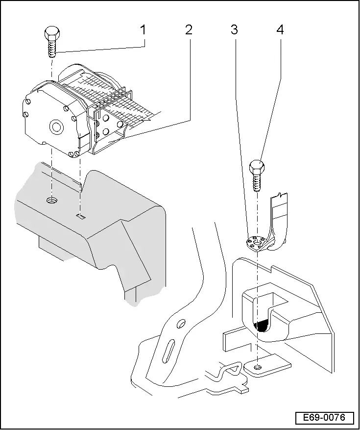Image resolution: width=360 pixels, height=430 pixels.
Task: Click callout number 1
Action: pyautogui.click(x=143, y=30)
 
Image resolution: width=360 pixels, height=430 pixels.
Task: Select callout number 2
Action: pyautogui.click(x=189, y=30)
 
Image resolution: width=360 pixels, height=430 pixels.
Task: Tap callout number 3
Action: pyautogui.click(x=234, y=30)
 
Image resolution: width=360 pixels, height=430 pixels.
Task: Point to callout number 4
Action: pyautogui.click(x=280, y=30)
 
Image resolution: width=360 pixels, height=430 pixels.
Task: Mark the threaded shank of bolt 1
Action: pyautogui.click(x=51, y=49)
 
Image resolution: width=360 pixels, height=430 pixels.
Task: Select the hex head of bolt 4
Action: pyautogui.click(x=257, y=168)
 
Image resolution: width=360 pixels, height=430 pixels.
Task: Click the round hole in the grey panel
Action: pyautogui.click(x=51, y=200)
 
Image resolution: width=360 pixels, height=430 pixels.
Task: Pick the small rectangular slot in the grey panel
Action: pyautogui.click(x=81, y=215)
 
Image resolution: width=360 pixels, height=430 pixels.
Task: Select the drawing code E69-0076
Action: pyautogui.click(x=324, y=418)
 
